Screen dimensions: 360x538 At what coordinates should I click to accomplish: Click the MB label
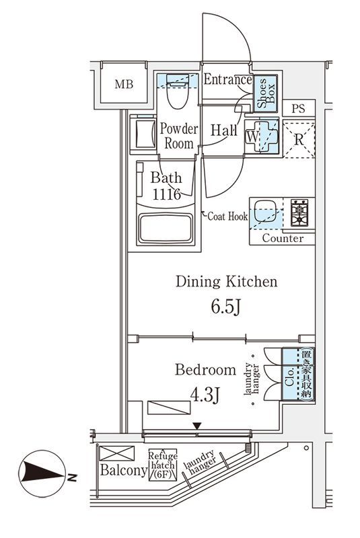pos(124,84)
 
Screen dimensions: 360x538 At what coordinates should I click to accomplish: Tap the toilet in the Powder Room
pos(178,91)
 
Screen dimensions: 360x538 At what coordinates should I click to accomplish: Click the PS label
pos(298,109)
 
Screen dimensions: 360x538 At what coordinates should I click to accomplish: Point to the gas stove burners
pos(299,213)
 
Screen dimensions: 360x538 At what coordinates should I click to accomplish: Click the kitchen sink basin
pos(265,210)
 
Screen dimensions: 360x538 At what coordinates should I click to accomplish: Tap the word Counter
pos(283,238)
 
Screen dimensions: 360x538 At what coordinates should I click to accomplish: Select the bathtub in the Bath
pos(166,228)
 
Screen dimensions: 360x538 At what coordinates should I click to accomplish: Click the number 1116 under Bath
pos(166,194)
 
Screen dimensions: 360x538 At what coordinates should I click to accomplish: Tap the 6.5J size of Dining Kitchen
pos(226,307)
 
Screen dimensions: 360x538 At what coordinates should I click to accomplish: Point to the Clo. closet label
pos(289,377)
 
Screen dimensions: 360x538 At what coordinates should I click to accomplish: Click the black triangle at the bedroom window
pos(196,426)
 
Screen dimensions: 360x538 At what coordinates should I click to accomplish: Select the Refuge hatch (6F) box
pos(163,465)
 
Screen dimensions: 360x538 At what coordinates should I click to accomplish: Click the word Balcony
pos(124,470)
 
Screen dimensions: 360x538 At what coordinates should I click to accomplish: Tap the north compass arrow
pos(42,473)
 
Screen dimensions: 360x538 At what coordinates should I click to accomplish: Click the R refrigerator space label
pos(299,140)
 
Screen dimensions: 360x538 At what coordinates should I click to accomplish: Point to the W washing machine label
pos(252,137)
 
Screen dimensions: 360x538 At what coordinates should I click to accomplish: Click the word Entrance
pos(227,79)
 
